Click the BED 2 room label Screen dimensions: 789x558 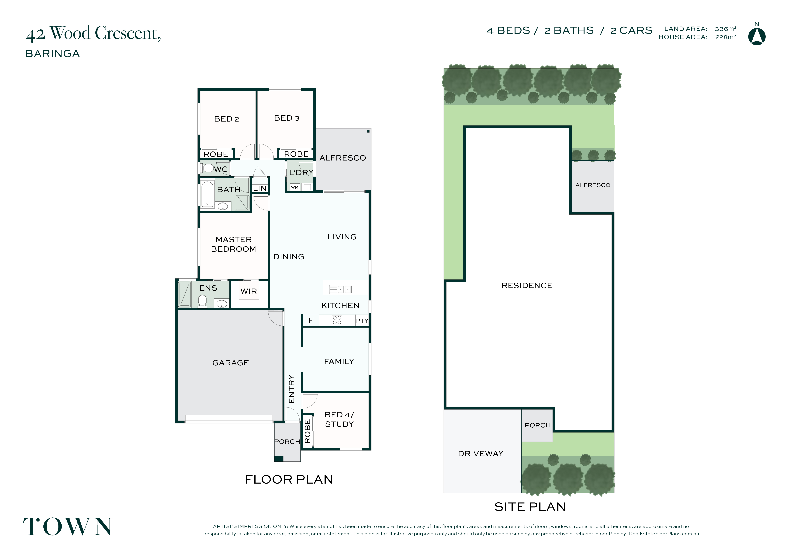[226, 119]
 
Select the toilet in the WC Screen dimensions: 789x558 [207, 168]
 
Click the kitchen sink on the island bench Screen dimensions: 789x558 [340, 289]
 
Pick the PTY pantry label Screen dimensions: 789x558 [362, 321]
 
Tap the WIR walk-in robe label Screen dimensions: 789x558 [249, 291]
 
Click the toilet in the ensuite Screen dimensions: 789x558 [202, 301]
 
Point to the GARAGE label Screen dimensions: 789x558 [231, 363]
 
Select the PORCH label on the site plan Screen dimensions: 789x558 [538, 425]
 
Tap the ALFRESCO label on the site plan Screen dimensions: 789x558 [593, 185]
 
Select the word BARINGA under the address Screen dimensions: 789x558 [53, 54]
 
